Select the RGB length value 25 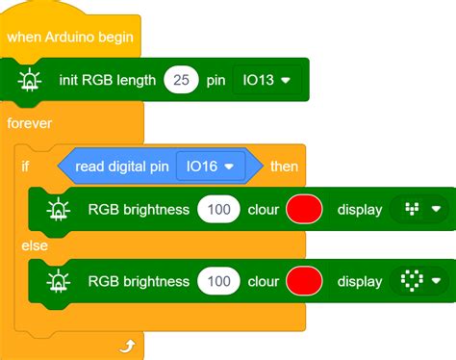181,81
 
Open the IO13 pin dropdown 265,81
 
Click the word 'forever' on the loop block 30,123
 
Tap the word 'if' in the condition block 26,167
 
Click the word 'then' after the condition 285,167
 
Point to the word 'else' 35,247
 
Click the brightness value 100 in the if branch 218,208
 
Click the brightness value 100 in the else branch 218,282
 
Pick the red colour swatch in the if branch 305,208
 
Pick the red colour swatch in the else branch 305,282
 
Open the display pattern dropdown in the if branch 420,208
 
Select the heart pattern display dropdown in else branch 420,282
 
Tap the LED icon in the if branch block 59,209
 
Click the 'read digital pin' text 121,167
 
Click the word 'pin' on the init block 215,81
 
